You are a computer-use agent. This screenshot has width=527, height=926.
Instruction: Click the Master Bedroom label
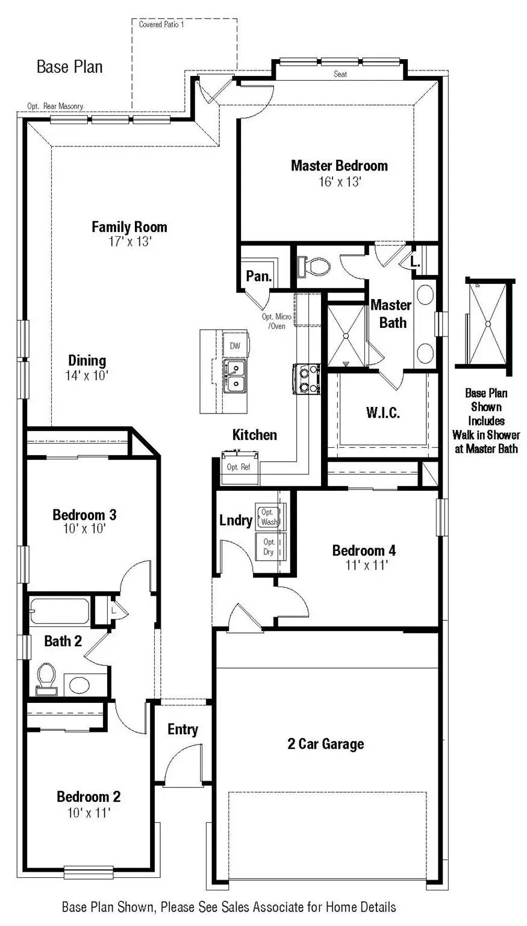pos(339,166)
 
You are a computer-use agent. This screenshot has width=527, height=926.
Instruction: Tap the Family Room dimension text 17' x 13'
pos(129,242)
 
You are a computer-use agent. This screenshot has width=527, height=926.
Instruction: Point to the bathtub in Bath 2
pos(60,611)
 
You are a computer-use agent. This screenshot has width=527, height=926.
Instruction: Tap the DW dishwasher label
pos(235,345)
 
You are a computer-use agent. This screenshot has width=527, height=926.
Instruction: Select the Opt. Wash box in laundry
pos(269,517)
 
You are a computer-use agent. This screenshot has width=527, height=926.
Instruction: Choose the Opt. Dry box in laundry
pos(269,547)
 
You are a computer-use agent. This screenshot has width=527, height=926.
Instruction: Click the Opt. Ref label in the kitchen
pos(238,467)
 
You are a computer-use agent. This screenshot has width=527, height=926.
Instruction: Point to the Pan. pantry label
pos(259,277)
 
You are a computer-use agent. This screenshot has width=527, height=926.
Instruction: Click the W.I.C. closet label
pos(383,413)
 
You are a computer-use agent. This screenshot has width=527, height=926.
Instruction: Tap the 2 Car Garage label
pos(326,744)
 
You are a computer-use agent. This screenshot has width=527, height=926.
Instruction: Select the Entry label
pos(182,729)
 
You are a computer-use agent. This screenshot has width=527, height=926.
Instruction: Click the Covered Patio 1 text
pos(161,25)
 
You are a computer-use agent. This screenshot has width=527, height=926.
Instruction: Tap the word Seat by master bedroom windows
pos(340,74)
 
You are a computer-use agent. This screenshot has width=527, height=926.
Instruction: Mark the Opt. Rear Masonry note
pos(55,106)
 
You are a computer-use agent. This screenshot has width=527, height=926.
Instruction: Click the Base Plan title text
pos(70,66)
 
